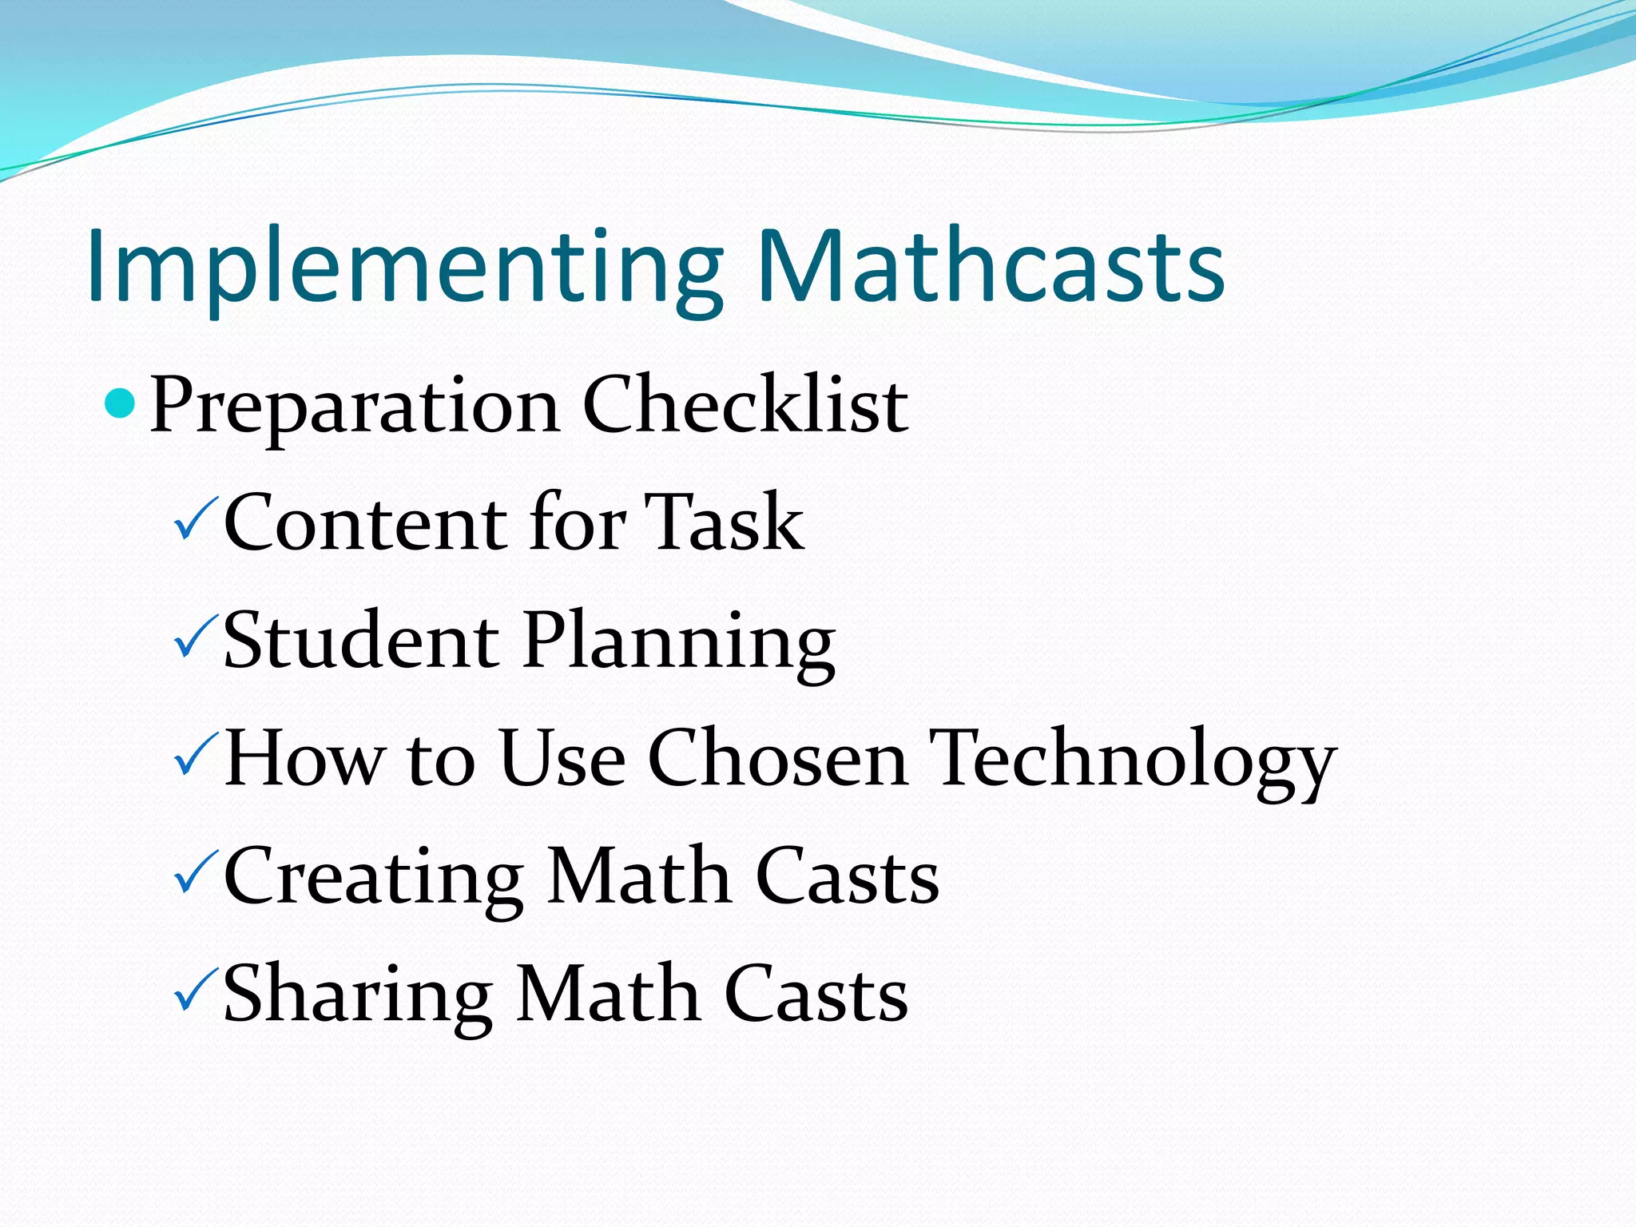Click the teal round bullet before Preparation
(x=121, y=403)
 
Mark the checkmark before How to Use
(x=194, y=756)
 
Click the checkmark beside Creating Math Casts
(x=194, y=874)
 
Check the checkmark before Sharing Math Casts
(x=194, y=991)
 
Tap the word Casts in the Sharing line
(x=816, y=993)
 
